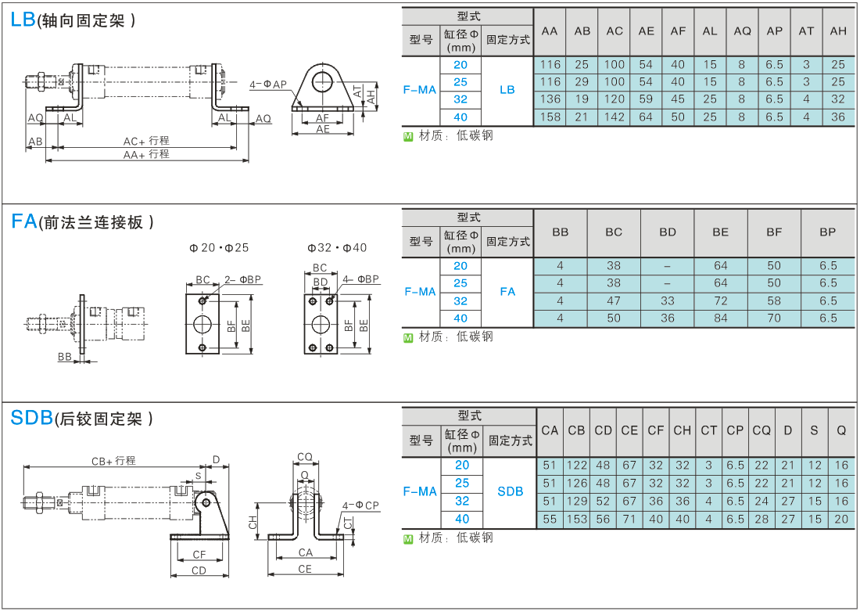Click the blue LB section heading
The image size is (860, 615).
(x=23, y=20)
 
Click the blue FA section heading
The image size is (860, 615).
(x=24, y=221)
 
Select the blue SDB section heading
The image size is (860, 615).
(x=32, y=418)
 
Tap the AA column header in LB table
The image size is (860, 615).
(x=550, y=31)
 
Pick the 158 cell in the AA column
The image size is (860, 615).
(x=550, y=117)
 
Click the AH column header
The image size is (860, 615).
(x=838, y=31)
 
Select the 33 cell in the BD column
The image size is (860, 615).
(x=668, y=300)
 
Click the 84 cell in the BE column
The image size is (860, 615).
(x=721, y=318)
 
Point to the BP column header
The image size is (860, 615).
(x=828, y=232)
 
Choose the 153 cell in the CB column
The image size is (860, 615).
(x=576, y=519)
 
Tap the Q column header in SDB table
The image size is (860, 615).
(x=841, y=431)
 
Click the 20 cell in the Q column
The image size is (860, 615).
(x=841, y=519)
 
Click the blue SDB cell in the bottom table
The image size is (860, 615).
(x=510, y=491)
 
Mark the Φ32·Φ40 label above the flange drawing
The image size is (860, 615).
(x=337, y=248)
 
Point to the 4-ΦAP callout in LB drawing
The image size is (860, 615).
(x=268, y=85)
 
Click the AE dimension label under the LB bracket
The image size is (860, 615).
(x=323, y=130)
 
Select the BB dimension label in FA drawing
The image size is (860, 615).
(x=65, y=357)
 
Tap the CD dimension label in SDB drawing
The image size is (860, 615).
(x=199, y=570)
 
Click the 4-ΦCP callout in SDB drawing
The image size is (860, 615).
(x=360, y=505)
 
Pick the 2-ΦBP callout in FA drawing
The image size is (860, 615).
(x=243, y=279)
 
